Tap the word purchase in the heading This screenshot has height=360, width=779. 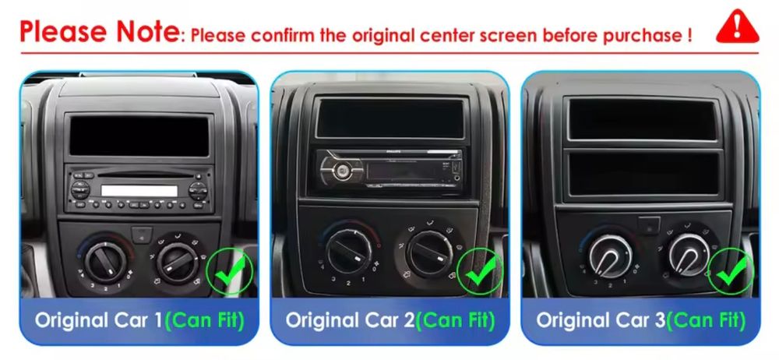(640, 35)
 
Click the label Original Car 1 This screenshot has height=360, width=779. (98, 320)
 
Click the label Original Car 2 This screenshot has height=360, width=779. (349, 320)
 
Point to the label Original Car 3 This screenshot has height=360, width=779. (601, 320)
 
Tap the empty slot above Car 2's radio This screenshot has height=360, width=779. (388, 117)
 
